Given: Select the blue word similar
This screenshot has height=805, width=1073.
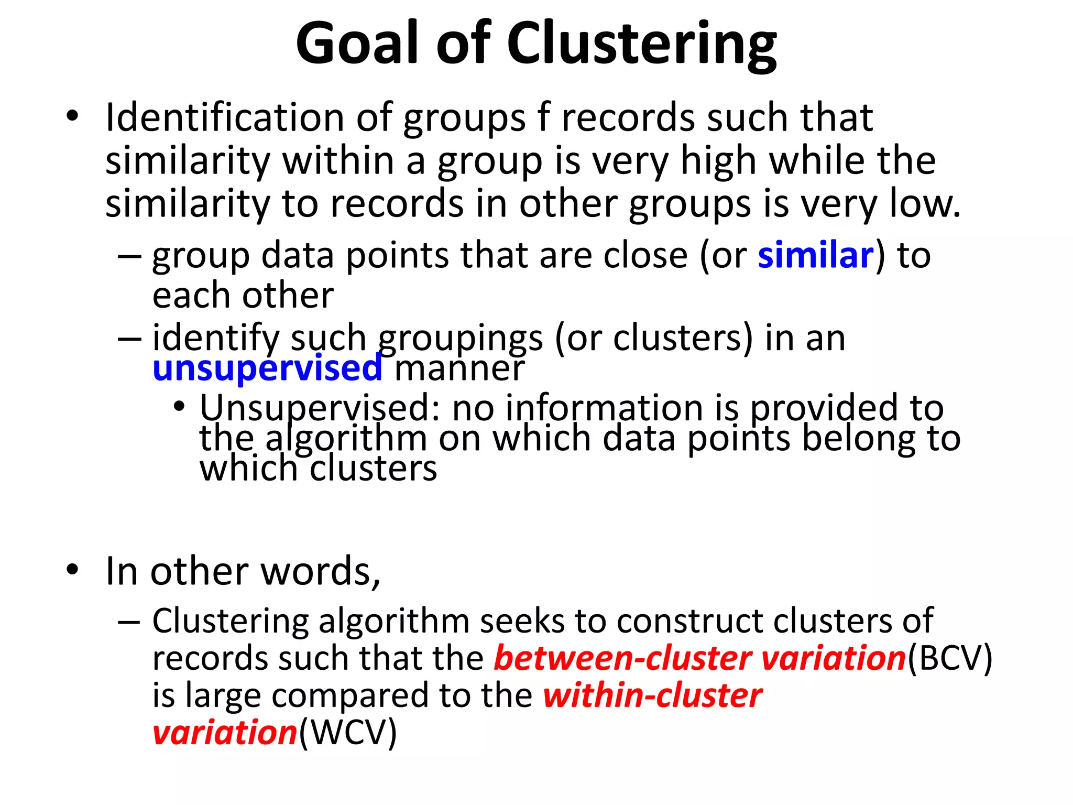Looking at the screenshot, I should tap(816, 256).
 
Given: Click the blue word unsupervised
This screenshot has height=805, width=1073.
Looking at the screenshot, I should tap(267, 368).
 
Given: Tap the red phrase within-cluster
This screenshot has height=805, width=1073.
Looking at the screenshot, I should tap(652, 696).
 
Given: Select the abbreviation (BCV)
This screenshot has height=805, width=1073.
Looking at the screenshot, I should tap(950, 658).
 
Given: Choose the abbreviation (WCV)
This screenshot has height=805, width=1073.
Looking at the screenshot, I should tap(347, 733).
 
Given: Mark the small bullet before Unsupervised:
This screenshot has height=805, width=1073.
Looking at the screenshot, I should tap(180, 406).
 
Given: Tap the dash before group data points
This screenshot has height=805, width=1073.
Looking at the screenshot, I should tap(129, 256).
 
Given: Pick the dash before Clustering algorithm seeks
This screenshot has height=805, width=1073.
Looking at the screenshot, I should tap(129, 622).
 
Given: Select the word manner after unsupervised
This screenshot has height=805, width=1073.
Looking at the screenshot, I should tap(459, 368).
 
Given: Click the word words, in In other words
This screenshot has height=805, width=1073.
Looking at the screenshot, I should tap(320, 571).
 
